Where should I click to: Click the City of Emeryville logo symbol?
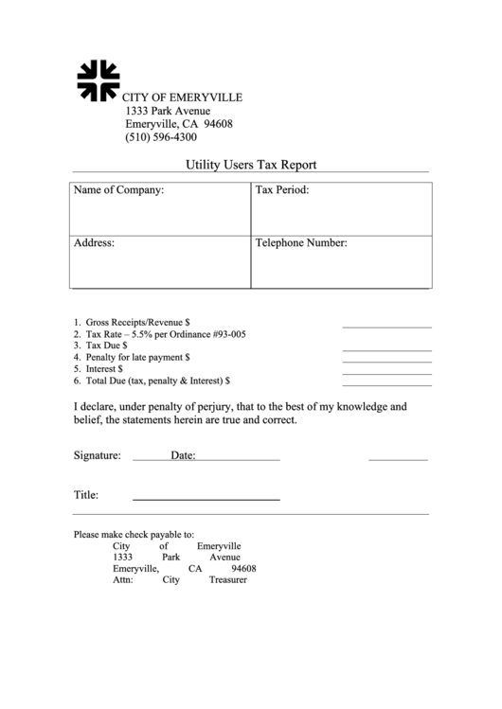(99, 80)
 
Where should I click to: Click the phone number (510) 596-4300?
(161, 137)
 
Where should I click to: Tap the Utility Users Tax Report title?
(251, 165)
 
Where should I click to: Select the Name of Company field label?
(118, 190)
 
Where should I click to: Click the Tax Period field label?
(282, 190)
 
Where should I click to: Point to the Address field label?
(94, 243)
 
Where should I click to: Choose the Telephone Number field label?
(301, 243)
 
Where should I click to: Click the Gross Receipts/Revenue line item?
(137, 322)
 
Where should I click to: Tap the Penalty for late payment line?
(137, 358)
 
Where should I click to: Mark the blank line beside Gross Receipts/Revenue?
(386, 326)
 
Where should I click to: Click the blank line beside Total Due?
(386, 384)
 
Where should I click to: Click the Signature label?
(98, 455)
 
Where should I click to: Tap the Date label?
(183, 455)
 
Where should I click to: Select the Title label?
(86, 495)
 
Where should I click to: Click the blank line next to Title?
(206, 498)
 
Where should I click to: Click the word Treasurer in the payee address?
(227, 579)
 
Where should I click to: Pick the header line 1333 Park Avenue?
(168, 111)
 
